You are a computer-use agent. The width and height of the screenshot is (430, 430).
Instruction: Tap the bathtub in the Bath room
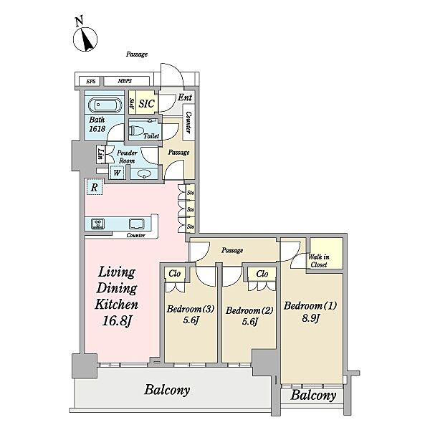[x=105, y=105]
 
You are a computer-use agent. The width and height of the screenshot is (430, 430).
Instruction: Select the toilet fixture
[x=137, y=131]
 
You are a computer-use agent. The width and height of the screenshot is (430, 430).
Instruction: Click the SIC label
[x=147, y=104]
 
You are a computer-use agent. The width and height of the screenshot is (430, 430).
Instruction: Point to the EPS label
[x=91, y=81]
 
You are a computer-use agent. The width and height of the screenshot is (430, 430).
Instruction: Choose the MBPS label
[x=125, y=81]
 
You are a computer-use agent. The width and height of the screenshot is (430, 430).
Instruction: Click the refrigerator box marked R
[x=95, y=187]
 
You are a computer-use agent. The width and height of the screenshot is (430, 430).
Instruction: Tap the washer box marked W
[x=117, y=173]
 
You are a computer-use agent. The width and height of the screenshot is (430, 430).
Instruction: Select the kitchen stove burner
[x=98, y=224]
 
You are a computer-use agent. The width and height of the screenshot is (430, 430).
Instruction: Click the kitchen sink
[x=136, y=224]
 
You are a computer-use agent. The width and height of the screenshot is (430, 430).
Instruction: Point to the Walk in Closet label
[x=318, y=261]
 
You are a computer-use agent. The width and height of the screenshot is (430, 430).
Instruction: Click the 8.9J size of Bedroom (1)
[x=311, y=318]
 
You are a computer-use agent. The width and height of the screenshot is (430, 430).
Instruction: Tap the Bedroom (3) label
[x=191, y=309]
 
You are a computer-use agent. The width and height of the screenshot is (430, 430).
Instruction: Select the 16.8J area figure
[x=117, y=320]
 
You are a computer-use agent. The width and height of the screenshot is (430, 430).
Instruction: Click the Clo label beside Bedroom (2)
[x=262, y=274]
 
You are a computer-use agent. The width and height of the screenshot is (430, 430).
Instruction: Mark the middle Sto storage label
[x=191, y=209]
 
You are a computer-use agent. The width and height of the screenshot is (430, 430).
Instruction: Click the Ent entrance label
[x=185, y=97]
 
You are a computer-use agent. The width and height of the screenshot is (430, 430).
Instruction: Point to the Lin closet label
[x=101, y=154]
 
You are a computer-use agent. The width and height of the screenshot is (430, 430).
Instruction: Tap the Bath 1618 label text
[x=97, y=124]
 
